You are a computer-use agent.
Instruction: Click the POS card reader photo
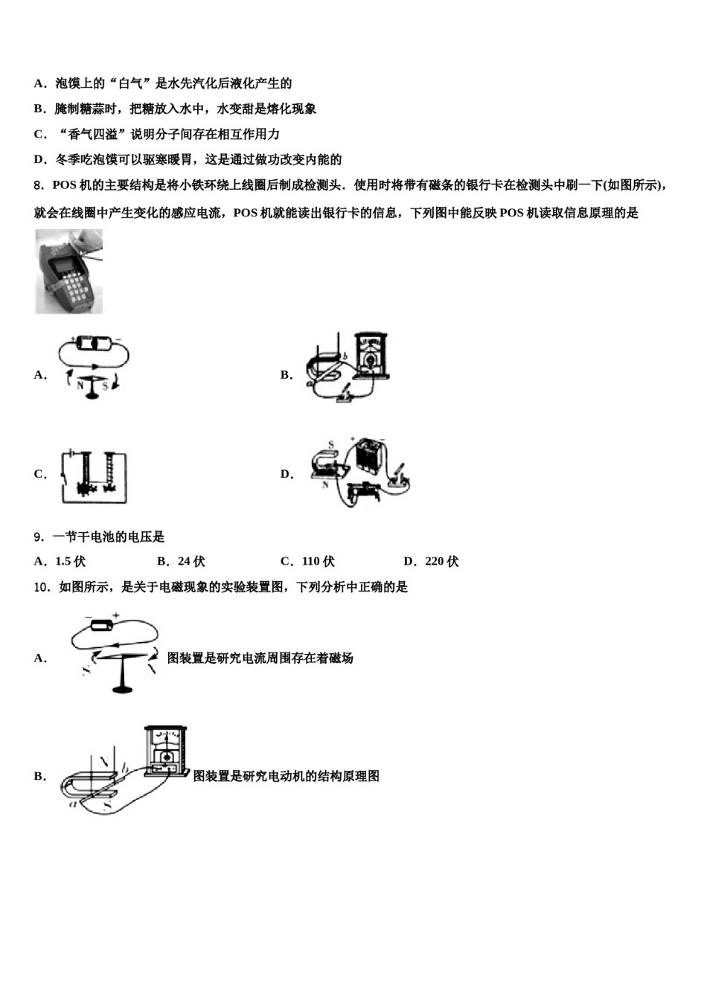[68, 271]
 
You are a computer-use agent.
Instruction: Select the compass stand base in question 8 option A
[93, 394]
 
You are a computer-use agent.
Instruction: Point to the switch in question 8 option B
[344, 395]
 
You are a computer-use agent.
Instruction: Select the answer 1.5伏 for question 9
[70, 562]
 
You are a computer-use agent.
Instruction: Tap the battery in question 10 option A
[100, 625]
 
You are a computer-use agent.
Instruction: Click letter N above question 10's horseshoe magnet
[104, 762]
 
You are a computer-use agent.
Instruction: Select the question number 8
[38, 186]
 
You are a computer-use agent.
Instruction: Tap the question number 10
[41, 587]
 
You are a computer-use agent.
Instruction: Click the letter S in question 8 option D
[331, 446]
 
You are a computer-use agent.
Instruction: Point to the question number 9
[38, 536]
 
